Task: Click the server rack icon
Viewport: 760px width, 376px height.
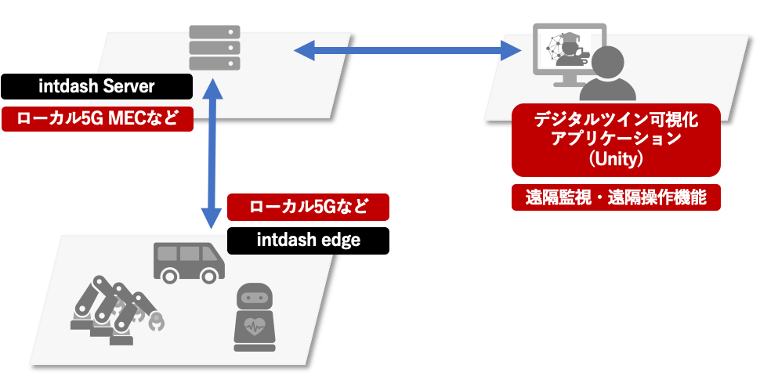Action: pos(215,48)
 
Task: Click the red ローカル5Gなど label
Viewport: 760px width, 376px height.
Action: pos(307,208)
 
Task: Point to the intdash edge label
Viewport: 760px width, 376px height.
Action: pos(308,240)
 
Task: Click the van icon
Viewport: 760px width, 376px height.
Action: pos(188,262)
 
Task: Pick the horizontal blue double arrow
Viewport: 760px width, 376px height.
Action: pos(407,52)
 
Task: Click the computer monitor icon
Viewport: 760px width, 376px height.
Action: pos(568,51)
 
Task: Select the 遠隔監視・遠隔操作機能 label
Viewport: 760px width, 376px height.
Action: pos(616,198)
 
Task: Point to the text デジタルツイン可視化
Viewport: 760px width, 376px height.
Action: pos(616,119)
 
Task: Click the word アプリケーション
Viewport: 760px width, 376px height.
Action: pos(616,139)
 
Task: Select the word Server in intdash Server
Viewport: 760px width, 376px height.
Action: pos(132,86)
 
